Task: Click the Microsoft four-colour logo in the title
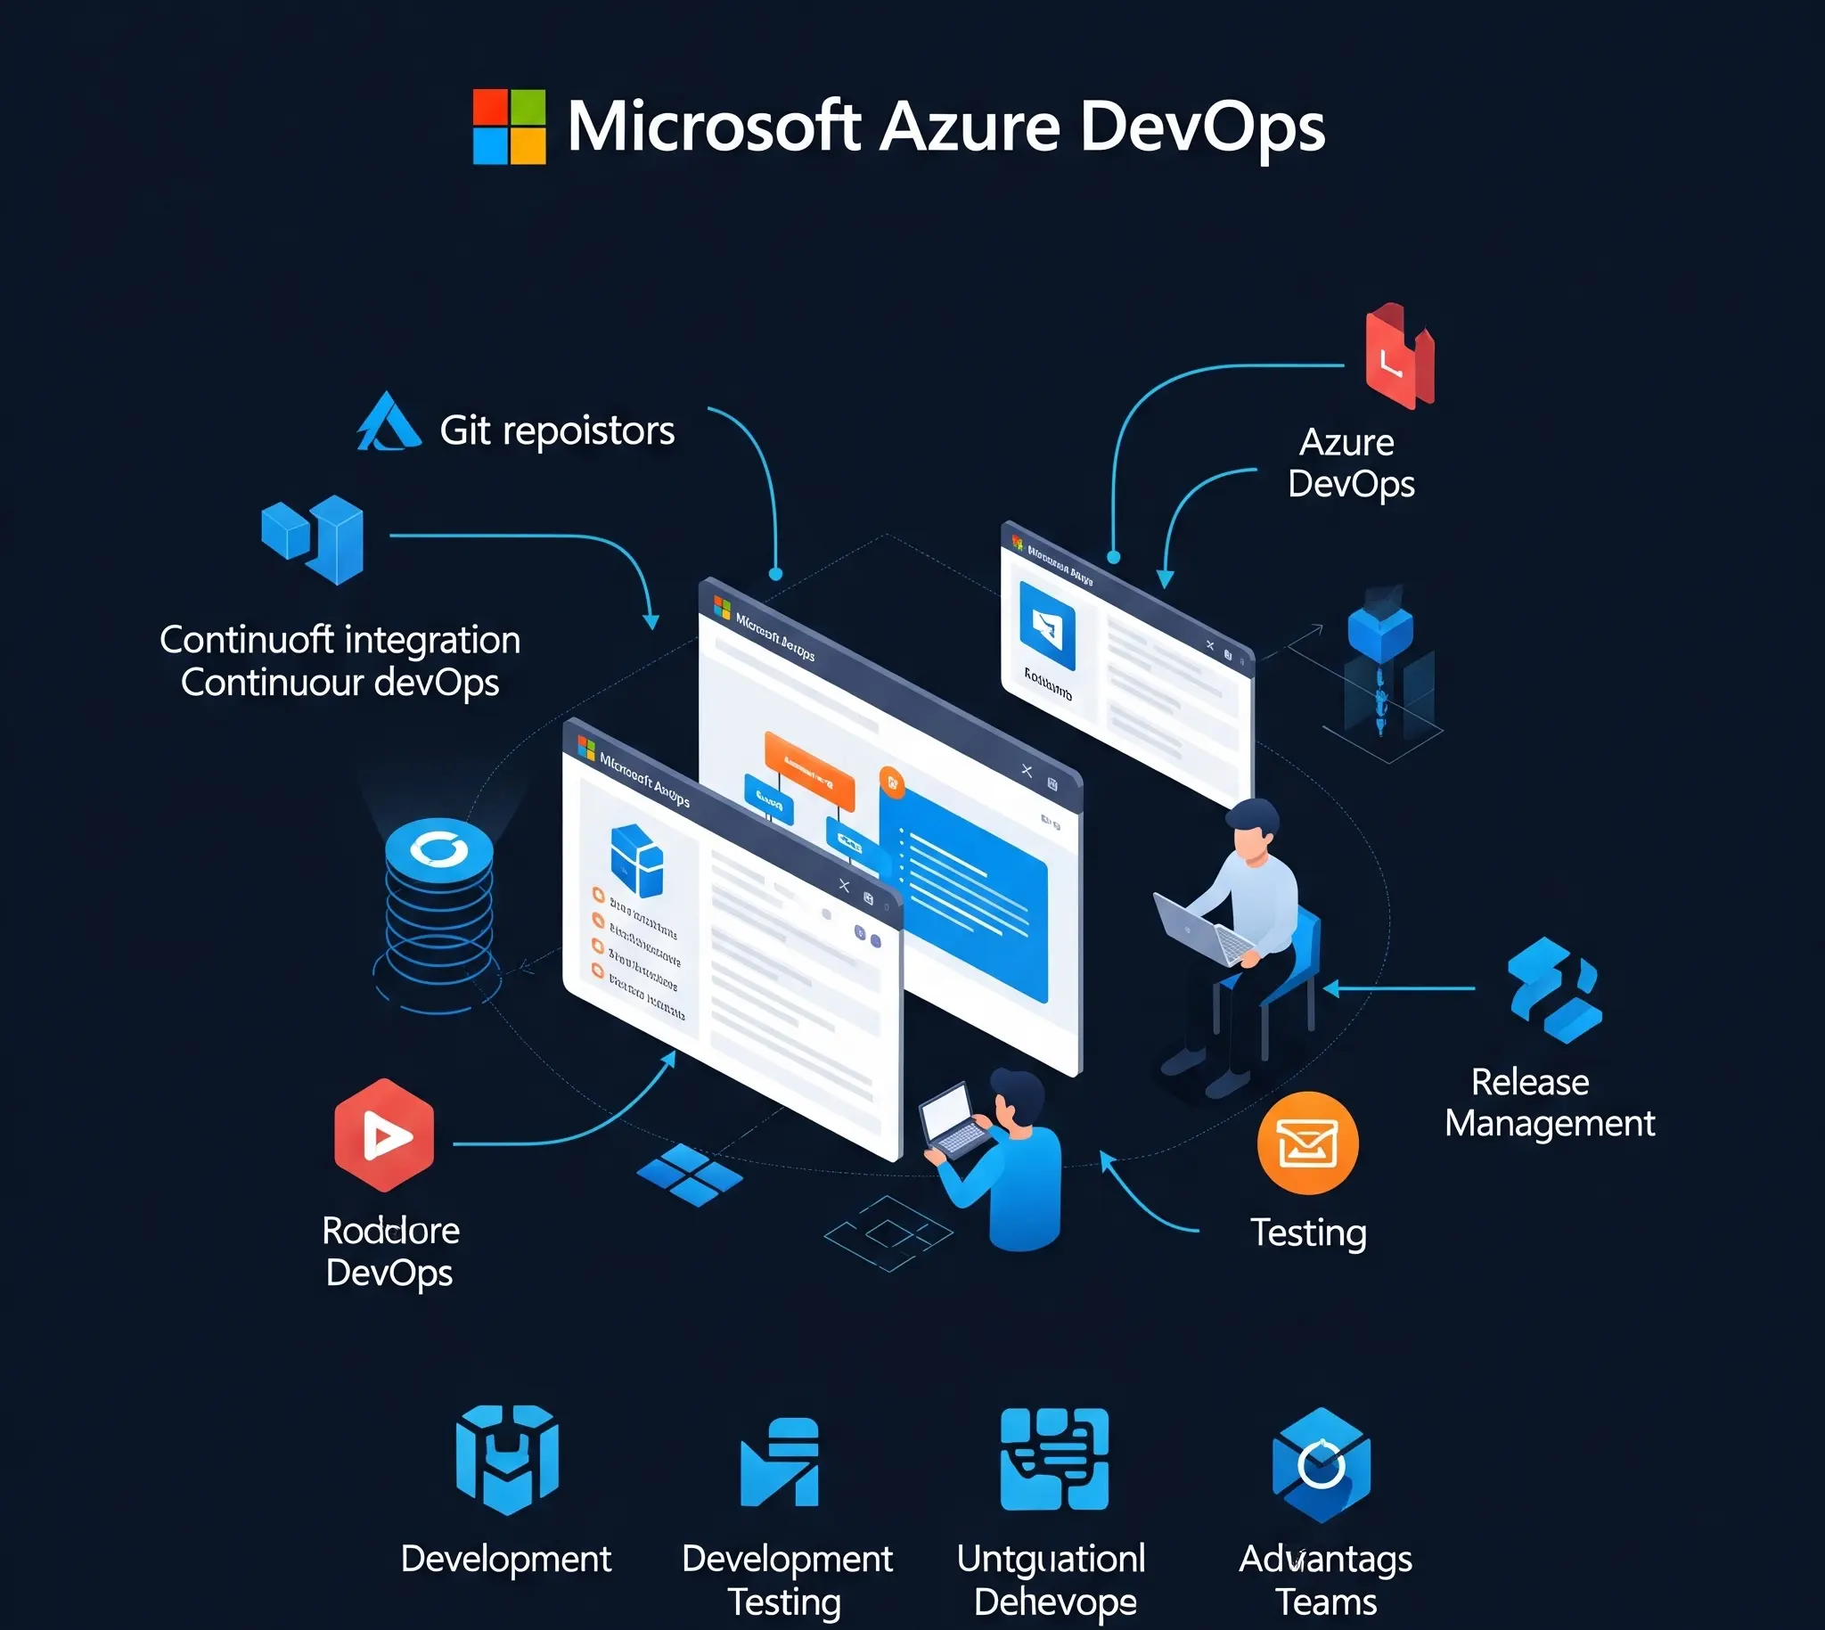tap(509, 127)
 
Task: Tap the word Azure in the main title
tap(970, 127)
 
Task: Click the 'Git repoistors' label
tap(556, 430)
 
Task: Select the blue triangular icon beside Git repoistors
tap(388, 422)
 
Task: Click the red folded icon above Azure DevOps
tap(1399, 356)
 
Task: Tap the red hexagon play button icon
tap(384, 1134)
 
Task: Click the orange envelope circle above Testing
tap(1307, 1143)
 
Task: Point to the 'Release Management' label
tap(1549, 1102)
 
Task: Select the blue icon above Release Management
tap(1554, 990)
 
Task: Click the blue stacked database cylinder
tap(438, 909)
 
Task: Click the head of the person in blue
tap(1019, 1099)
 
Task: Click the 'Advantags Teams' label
tap(1325, 1580)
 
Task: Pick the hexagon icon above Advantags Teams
tap(1321, 1464)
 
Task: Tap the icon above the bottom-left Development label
tap(507, 1459)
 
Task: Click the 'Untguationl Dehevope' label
tap(1052, 1580)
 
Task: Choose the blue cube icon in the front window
tap(636, 860)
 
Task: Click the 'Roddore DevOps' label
tap(390, 1251)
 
